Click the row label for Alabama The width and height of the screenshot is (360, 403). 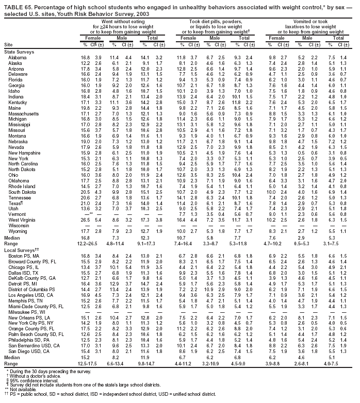[18, 57]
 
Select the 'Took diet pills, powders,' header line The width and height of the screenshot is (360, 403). [212, 22]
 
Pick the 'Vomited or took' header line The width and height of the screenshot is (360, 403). [307, 22]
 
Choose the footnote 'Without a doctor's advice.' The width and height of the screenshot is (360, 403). [34, 375]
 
